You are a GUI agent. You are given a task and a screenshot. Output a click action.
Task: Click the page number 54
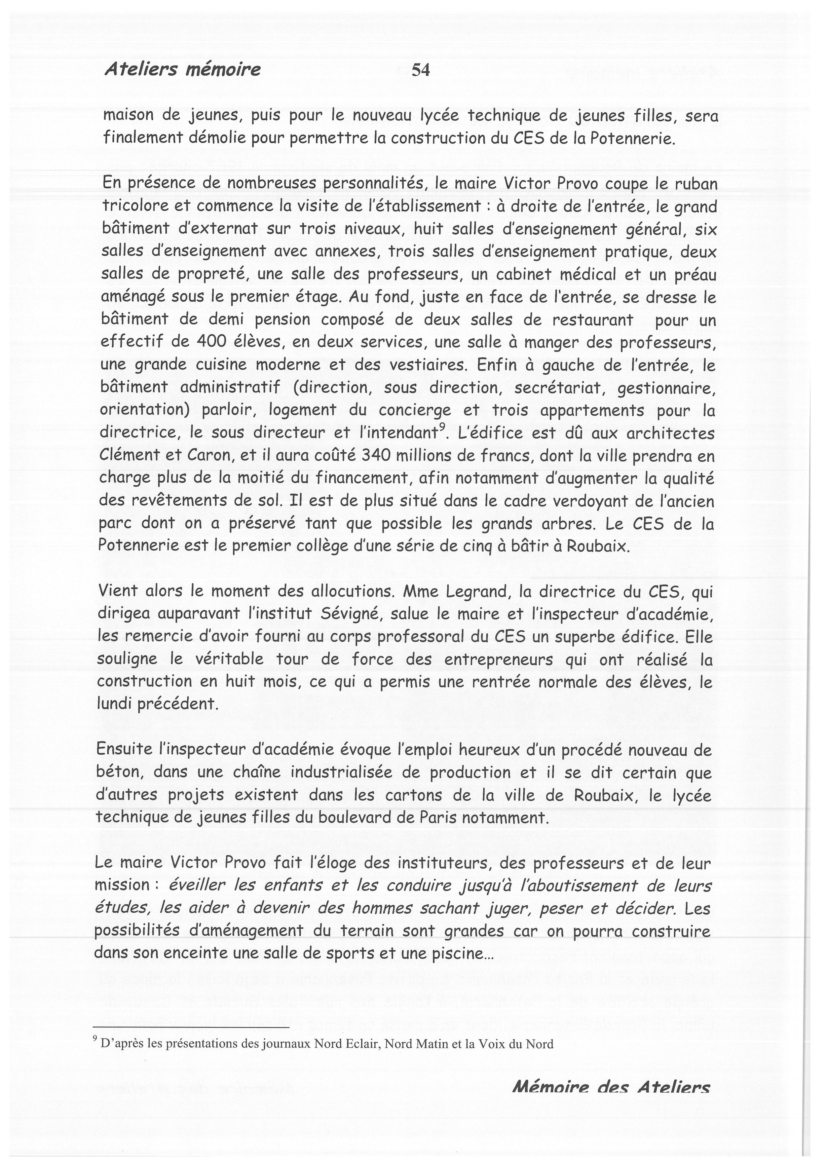(420, 70)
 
